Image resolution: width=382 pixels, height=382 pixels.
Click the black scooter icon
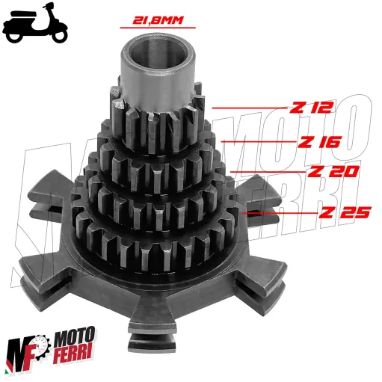tap(35, 25)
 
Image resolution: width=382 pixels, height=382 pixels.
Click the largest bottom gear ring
tap(161, 243)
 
